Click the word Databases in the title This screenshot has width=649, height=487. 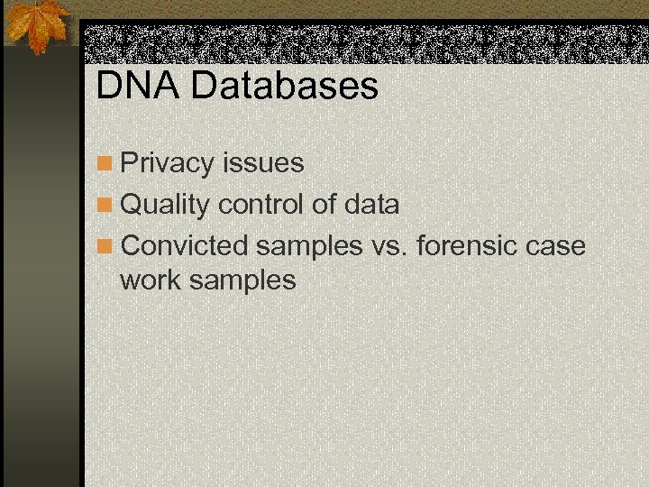pyautogui.click(x=285, y=87)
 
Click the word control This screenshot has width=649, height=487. pyautogui.click(x=261, y=205)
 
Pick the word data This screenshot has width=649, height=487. pyautogui.click(x=371, y=205)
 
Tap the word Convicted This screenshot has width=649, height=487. pyautogui.click(x=184, y=245)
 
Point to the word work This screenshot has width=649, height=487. pyautogui.click(x=150, y=280)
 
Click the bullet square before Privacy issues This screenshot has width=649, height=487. pyautogui.click(x=105, y=164)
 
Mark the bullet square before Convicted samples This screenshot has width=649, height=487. pyautogui.click(x=105, y=246)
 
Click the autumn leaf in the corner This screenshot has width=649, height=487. pyautogui.click(x=36, y=23)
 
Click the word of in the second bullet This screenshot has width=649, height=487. pyautogui.click(x=323, y=205)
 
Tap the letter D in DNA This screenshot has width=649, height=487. pyautogui.click(x=108, y=87)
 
